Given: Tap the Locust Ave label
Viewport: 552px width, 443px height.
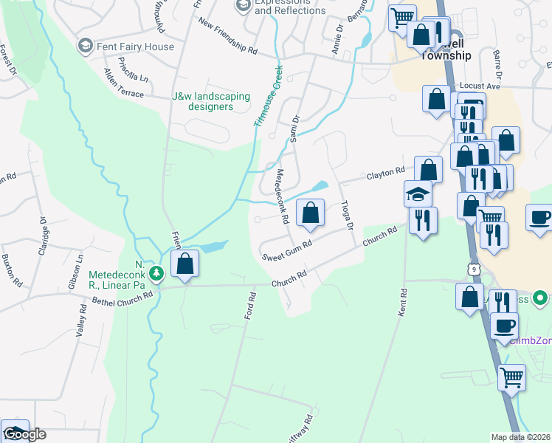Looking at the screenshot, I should [x=479, y=86].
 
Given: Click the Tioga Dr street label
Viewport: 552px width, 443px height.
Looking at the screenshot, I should [x=348, y=215].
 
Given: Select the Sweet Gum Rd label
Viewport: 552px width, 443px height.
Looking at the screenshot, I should [x=287, y=250].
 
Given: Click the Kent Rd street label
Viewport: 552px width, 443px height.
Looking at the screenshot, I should [x=403, y=303].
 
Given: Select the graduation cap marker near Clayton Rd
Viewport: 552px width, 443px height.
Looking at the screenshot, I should [x=418, y=195].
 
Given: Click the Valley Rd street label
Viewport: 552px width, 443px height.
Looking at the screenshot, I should [x=81, y=322].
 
